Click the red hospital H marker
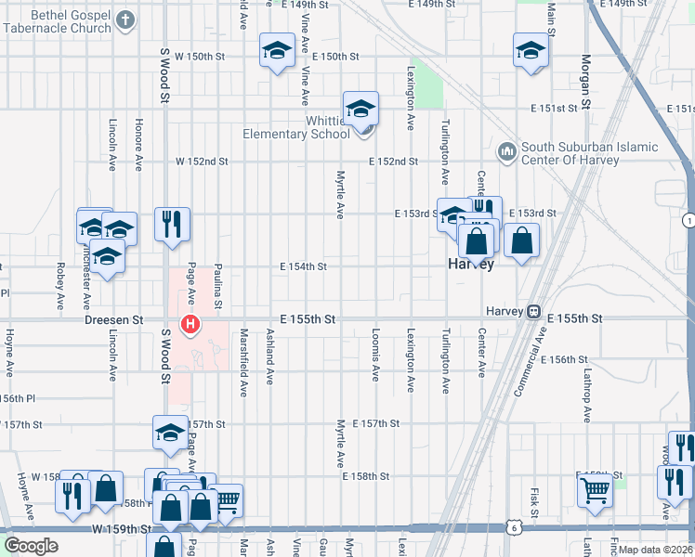190,324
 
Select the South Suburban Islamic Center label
589,153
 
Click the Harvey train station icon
534,312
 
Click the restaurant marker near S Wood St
172,223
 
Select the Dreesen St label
113,319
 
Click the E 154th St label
303,266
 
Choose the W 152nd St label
203,162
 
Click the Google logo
32,545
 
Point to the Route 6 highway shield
515,527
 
